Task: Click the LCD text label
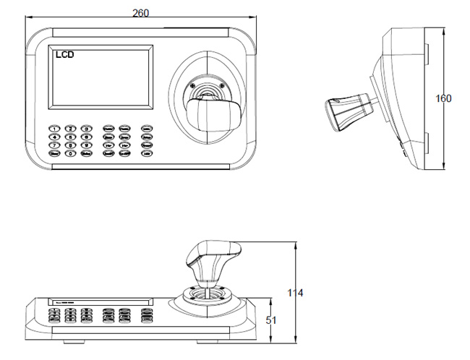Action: tap(64, 53)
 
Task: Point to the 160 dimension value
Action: tap(444, 98)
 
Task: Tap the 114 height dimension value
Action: tap(294, 293)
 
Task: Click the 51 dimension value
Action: tap(271, 319)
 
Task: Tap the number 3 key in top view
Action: tap(87, 128)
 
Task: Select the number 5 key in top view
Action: tap(70, 137)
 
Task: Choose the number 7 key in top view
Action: tap(54, 145)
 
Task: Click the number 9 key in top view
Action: tap(87, 145)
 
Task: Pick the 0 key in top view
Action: tap(70, 153)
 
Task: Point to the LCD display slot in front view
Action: tap(101, 301)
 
